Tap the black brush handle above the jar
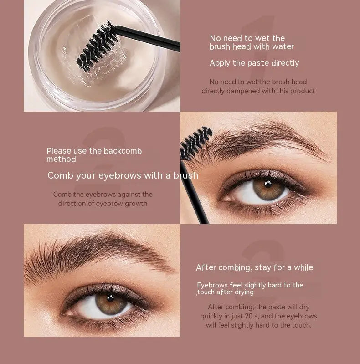point(148,38)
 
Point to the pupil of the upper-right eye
point(268,184)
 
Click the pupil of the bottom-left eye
point(111,298)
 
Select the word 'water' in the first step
point(283,46)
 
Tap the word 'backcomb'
point(123,151)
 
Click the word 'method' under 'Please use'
point(61,159)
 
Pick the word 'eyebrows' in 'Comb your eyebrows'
point(119,175)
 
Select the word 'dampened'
point(246,91)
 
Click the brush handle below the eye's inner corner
point(194,193)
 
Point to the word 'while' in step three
point(303,267)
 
